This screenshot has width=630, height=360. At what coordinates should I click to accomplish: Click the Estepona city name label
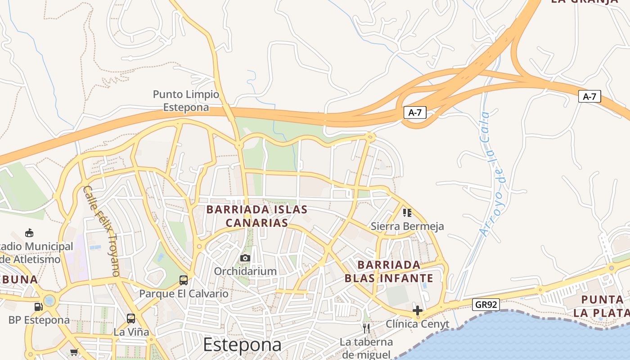pyautogui.click(x=242, y=345)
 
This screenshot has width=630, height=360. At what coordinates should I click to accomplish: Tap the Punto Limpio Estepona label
pyautogui.click(x=186, y=101)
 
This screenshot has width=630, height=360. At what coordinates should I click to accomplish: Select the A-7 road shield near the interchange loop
pyautogui.click(x=414, y=112)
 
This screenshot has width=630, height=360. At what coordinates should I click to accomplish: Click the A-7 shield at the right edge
pyautogui.click(x=589, y=96)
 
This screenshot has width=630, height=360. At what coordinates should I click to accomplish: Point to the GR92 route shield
pyautogui.click(x=486, y=305)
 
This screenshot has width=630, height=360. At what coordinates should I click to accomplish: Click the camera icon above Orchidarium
pyautogui.click(x=245, y=258)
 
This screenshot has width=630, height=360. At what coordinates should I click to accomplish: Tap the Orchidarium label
pyautogui.click(x=245, y=271)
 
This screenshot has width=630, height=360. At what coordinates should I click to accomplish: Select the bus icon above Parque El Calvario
pyautogui.click(x=184, y=280)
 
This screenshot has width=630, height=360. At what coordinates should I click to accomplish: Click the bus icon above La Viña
pyautogui.click(x=131, y=319)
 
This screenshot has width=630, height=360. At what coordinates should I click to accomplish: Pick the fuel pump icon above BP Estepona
pyautogui.click(x=39, y=307)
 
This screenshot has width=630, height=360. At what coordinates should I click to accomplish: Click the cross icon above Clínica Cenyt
pyautogui.click(x=417, y=310)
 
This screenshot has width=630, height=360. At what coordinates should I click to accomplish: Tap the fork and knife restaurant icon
pyautogui.click(x=366, y=328)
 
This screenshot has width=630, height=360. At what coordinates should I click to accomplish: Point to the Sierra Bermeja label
pyautogui.click(x=407, y=226)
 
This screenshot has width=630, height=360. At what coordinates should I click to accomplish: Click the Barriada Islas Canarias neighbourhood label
pyautogui.click(x=257, y=216)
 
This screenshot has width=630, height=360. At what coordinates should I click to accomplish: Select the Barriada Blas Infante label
pyautogui.click(x=389, y=271)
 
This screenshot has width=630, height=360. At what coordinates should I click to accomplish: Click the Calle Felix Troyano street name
pyautogui.click(x=102, y=230)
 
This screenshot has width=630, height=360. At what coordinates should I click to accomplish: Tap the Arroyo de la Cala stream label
pyautogui.click(x=492, y=174)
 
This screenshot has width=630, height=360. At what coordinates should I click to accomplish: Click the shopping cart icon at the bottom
pyautogui.click(x=74, y=352)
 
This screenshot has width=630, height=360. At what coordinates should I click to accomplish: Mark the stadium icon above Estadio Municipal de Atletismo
pyautogui.click(x=29, y=233)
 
